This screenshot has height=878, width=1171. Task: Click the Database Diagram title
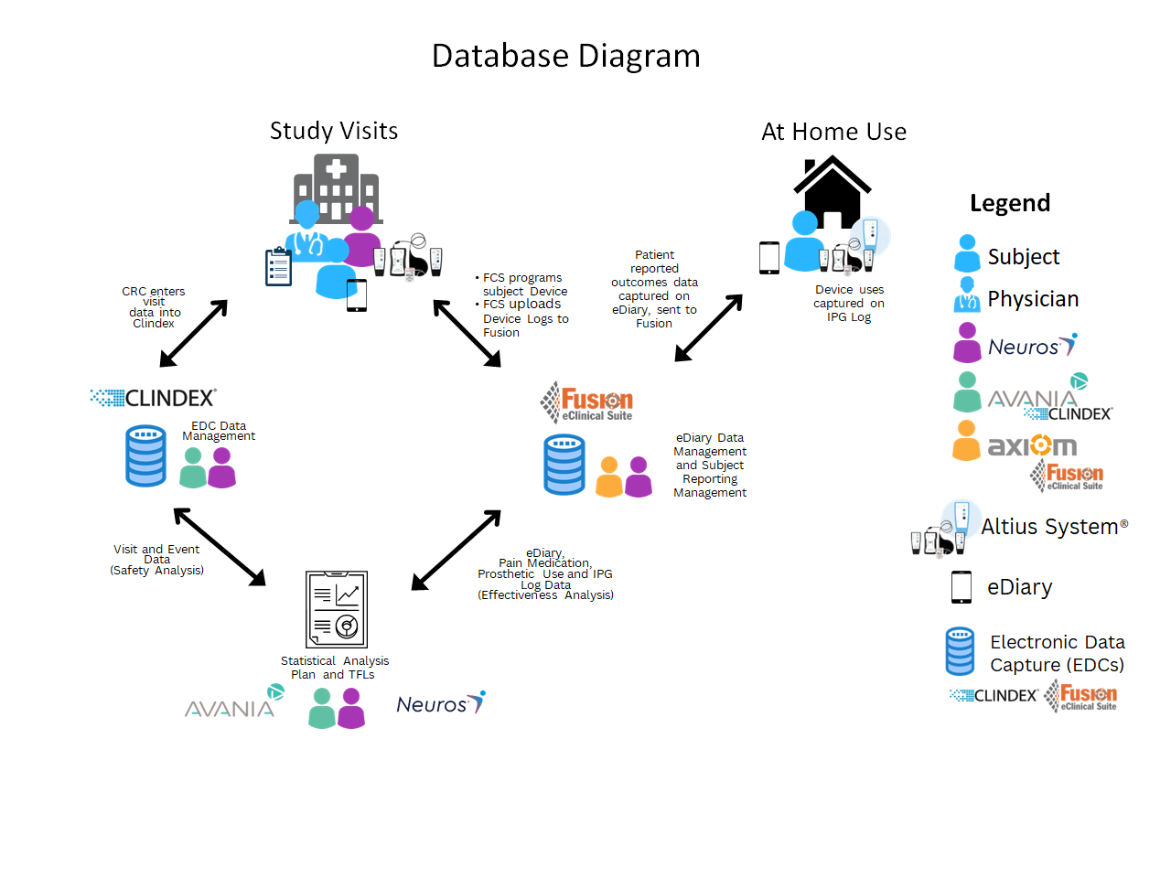click(x=565, y=57)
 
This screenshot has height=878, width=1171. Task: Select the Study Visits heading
click(x=334, y=132)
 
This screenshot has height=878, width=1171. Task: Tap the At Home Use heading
click(x=833, y=133)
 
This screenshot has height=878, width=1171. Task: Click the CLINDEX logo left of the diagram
click(x=154, y=398)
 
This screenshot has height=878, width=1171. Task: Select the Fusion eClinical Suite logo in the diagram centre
click(x=586, y=402)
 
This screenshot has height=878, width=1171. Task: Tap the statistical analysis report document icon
click(x=337, y=609)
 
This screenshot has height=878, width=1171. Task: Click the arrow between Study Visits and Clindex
click(x=193, y=334)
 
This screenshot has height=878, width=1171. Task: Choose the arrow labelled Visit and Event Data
click(x=220, y=546)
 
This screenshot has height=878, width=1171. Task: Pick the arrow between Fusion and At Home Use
click(x=709, y=327)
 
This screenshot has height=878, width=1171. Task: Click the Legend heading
click(x=1010, y=203)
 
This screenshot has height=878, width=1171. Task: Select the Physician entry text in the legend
click(x=1033, y=299)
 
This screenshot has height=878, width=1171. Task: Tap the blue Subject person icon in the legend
click(x=967, y=253)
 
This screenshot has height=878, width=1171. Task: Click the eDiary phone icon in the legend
click(x=961, y=587)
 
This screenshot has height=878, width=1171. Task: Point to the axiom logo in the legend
click(x=1032, y=445)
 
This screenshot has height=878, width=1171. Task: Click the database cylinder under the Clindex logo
click(x=146, y=455)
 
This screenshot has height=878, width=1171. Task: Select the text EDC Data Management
click(x=218, y=431)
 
